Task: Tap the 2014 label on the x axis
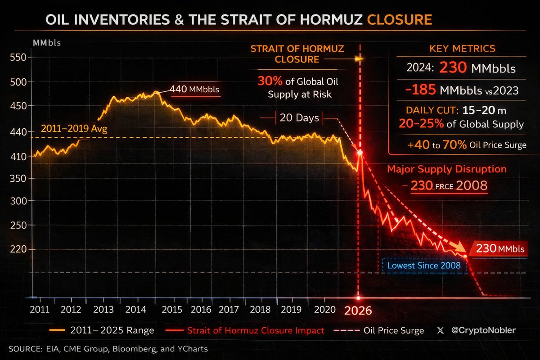point(135,310)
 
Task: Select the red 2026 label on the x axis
point(358,311)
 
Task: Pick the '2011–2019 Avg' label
point(74,129)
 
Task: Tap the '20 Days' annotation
point(299,118)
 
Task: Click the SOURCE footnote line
point(108,348)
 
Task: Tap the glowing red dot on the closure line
point(360,153)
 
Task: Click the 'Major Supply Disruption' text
point(447,169)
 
